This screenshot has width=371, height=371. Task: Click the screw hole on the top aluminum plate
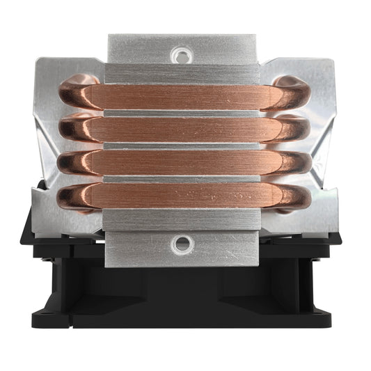coord(182,52)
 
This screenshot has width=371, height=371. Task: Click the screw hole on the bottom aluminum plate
coord(182,243)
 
